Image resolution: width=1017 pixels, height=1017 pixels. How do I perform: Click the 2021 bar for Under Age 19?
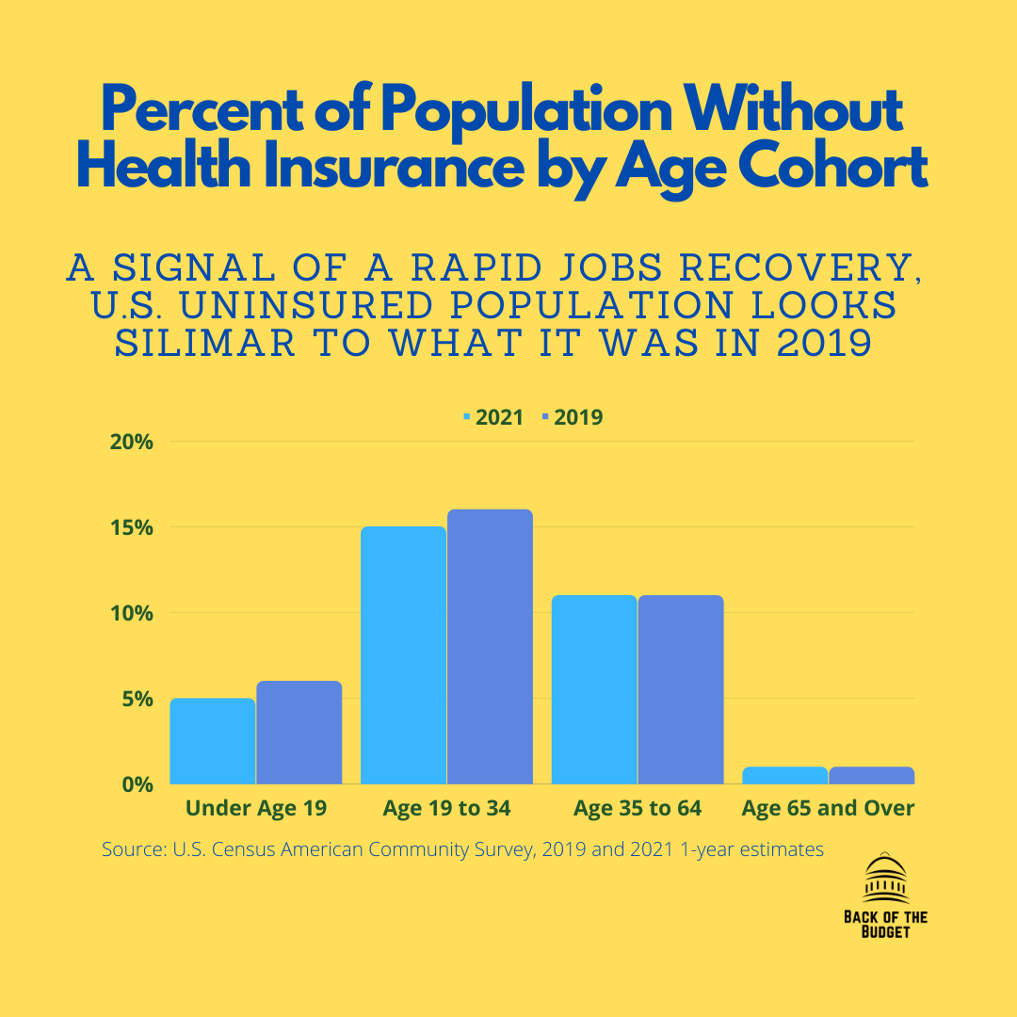click(x=212, y=741)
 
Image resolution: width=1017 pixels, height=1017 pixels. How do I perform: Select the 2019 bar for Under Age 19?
click(x=299, y=733)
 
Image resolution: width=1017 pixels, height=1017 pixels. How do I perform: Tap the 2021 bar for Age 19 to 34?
click(x=403, y=655)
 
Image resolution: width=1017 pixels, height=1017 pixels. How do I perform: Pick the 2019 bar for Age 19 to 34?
click(x=490, y=647)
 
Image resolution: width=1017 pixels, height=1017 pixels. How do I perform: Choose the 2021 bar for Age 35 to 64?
click(x=594, y=689)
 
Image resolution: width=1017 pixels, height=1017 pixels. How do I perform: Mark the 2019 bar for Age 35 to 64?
click(x=681, y=689)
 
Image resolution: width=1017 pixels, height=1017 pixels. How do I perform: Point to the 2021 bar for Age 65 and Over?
click(x=784, y=775)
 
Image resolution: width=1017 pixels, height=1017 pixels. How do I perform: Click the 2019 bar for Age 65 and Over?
click(x=871, y=775)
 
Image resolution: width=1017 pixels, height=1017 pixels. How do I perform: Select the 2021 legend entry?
click(x=493, y=417)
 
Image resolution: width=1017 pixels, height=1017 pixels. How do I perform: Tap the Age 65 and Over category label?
click(x=828, y=808)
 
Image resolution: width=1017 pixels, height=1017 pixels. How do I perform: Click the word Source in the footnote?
click(x=132, y=849)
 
